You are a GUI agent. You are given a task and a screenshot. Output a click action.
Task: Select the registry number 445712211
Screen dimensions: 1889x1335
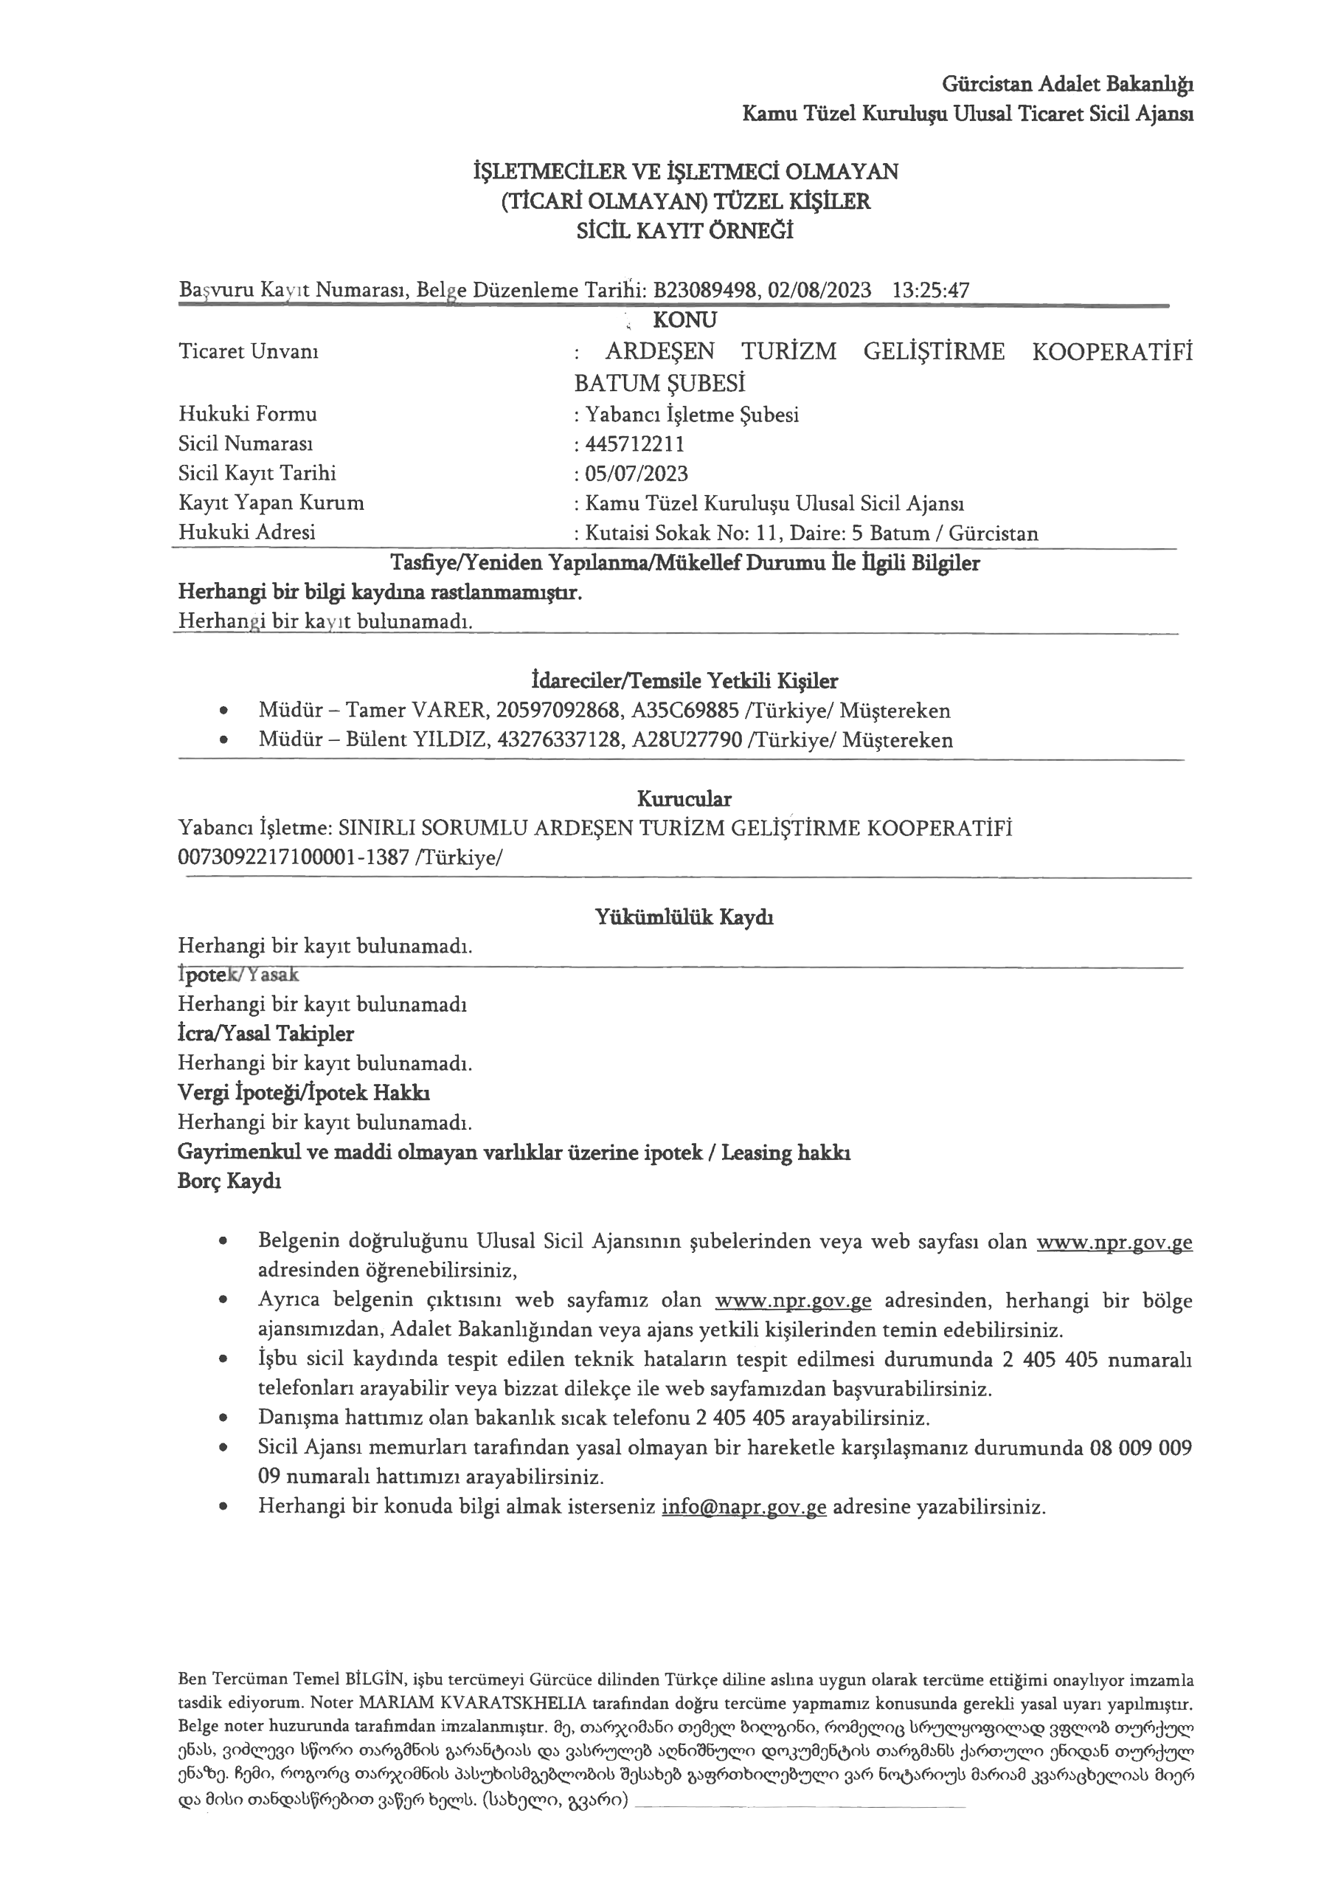(634, 444)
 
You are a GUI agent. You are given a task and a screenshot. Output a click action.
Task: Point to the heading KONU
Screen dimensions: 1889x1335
(684, 320)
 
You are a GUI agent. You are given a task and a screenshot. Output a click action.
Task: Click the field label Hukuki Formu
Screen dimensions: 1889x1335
(248, 414)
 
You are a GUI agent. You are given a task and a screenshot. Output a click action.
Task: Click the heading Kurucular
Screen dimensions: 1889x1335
(684, 798)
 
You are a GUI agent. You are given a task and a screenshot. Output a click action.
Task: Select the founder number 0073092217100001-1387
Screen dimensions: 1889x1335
(294, 857)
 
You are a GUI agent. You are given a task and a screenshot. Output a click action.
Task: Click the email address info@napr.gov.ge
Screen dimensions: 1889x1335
(743, 1508)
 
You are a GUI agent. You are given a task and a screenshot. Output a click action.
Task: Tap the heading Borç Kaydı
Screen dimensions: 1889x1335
(229, 1181)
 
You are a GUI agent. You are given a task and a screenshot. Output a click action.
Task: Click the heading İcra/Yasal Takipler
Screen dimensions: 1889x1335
(266, 1033)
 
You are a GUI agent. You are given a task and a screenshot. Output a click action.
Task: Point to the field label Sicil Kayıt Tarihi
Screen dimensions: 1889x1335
(257, 473)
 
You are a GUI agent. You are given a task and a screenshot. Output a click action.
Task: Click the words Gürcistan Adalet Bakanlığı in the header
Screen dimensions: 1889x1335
(1068, 84)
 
